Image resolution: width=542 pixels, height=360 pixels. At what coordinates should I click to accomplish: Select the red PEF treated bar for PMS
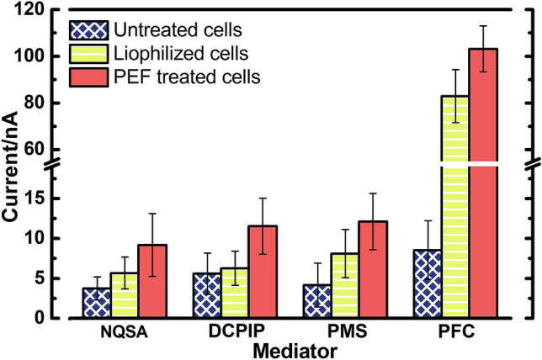pos(373,270)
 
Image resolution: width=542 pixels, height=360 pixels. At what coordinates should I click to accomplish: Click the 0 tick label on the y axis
pos(40,318)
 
